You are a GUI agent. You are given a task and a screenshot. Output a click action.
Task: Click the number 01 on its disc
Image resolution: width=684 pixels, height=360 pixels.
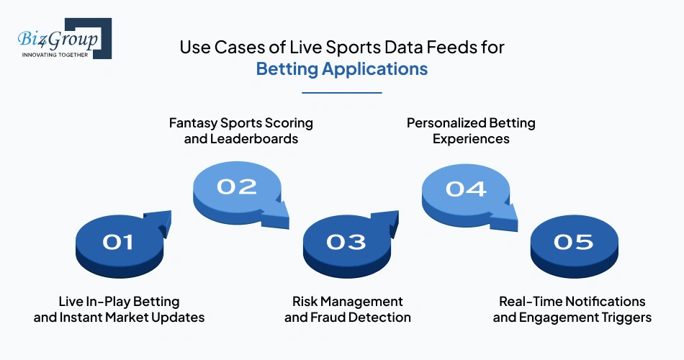[x=118, y=242]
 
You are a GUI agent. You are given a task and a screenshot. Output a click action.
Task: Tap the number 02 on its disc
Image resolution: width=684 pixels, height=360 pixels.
[x=237, y=186]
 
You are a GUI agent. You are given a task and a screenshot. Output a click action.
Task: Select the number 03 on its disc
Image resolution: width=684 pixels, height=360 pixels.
[x=346, y=242]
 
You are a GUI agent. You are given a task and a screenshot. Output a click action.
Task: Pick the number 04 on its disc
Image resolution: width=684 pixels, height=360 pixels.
[x=466, y=189]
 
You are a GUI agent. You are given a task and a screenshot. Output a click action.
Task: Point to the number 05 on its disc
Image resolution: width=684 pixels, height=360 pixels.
[x=574, y=242]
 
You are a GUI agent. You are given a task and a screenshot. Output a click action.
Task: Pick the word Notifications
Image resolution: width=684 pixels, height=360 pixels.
[x=602, y=301]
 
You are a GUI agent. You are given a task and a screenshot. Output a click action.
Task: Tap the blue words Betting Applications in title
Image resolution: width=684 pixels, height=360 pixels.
[x=342, y=69]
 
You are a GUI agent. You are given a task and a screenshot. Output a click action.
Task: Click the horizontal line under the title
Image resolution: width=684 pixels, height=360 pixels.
[x=342, y=92]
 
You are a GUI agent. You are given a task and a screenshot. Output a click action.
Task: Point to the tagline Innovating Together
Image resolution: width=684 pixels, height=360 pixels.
[x=55, y=54]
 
